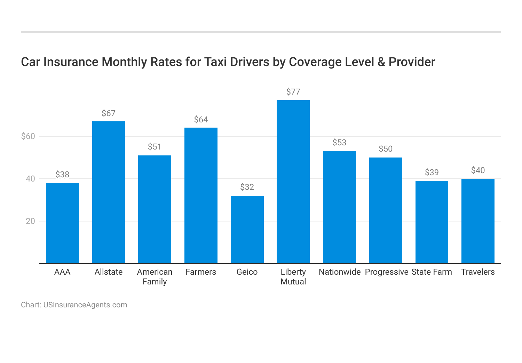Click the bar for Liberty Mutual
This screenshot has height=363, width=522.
pyautogui.click(x=293, y=181)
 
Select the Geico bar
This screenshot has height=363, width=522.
pyautogui.click(x=247, y=229)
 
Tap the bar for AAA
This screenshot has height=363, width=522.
pyautogui.click(x=62, y=223)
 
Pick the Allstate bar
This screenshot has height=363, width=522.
pyautogui.click(x=109, y=192)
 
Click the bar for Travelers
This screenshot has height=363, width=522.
pyautogui.click(x=478, y=221)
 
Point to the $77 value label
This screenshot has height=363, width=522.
pyautogui.click(x=293, y=92)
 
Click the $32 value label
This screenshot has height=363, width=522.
pyautogui.click(x=247, y=187)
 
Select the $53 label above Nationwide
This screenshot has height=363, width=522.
pyautogui.click(x=339, y=143)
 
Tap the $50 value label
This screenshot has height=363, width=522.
pyautogui.click(x=386, y=149)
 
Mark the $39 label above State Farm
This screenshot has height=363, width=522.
pyautogui.click(x=432, y=172)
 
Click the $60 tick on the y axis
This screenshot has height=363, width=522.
pyautogui.click(x=28, y=136)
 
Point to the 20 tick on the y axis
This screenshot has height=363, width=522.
pyautogui.click(x=30, y=221)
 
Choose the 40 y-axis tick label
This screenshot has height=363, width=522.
pyautogui.click(x=30, y=179)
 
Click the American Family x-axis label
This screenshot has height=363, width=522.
pyautogui.click(x=155, y=277)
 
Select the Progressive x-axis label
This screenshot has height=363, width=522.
pyautogui.click(x=386, y=272)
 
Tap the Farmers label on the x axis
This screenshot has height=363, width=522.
pyautogui.click(x=201, y=272)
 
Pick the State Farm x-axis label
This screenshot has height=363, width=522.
pyautogui.click(x=432, y=272)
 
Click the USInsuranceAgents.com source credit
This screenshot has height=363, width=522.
pyautogui.click(x=85, y=305)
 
